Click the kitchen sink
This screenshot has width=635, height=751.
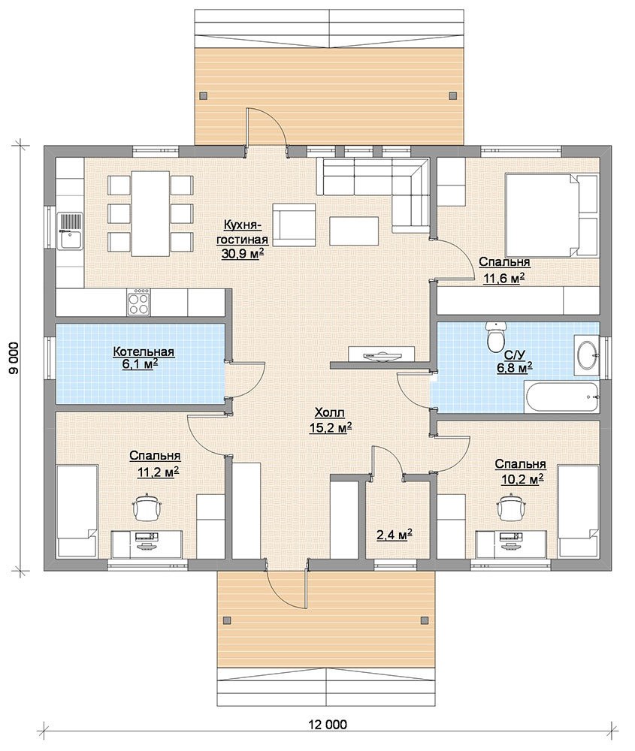click(70, 231)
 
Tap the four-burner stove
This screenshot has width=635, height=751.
click(139, 302)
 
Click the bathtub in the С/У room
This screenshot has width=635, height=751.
click(561, 397)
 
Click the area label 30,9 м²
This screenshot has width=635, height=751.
click(243, 254)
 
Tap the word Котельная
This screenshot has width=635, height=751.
click(144, 352)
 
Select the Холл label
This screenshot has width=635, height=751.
click(330, 413)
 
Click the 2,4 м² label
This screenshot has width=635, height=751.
click(395, 535)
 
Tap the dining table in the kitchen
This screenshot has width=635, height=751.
click(150, 213)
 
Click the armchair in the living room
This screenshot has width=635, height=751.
click(294, 225)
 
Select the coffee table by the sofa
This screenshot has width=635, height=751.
click(354, 231)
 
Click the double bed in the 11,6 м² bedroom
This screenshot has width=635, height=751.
click(552, 216)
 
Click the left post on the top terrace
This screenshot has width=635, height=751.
click(203, 95)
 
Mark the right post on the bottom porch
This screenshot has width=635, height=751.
click(424, 620)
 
